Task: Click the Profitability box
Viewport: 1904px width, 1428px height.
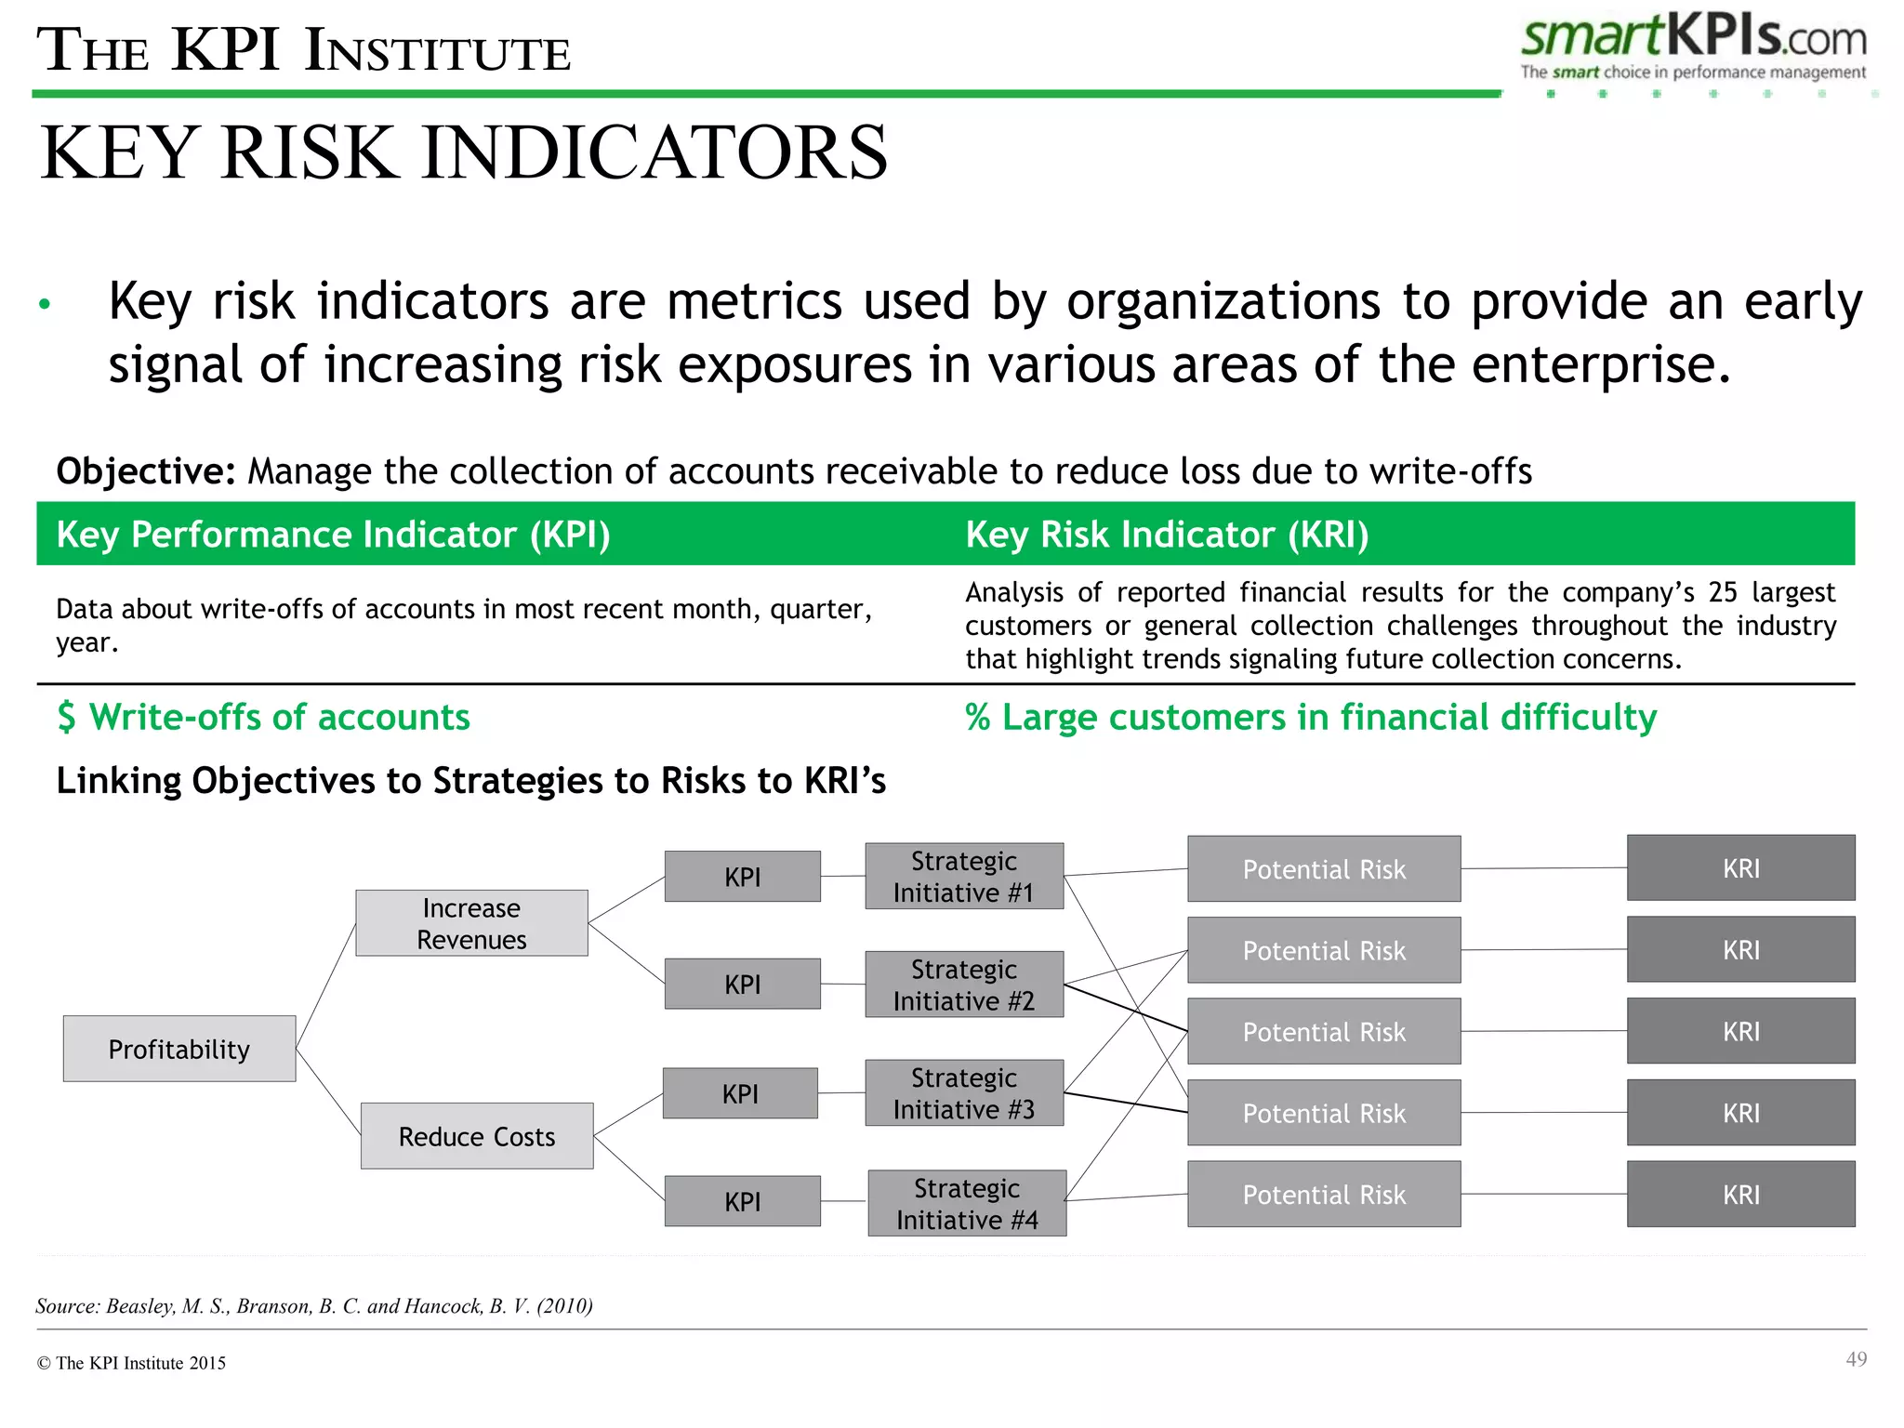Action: point(179,1049)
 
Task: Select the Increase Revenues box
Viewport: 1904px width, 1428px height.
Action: point(471,923)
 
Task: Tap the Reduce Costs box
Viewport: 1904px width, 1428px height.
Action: point(477,1136)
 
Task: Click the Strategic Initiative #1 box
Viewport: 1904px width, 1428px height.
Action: point(964,877)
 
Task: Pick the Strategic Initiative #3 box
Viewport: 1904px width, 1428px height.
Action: point(964,1093)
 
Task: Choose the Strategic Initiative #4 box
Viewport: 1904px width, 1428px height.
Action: point(967,1203)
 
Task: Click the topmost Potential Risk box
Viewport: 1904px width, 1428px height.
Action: point(1324,869)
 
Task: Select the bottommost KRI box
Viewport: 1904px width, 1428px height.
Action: point(1740,1195)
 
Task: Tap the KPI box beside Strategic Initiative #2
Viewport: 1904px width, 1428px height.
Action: point(743,985)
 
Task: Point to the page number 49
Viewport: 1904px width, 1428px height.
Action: point(1856,1359)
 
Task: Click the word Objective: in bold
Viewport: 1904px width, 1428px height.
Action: point(146,471)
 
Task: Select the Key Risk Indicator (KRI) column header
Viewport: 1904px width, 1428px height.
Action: point(1167,535)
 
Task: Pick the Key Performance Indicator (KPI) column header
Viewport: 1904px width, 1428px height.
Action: point(333,535)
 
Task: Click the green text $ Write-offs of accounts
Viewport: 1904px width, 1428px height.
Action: point(263,718)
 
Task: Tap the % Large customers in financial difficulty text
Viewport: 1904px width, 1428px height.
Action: point(1311,718)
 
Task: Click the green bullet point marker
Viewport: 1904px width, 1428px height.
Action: point(45,304)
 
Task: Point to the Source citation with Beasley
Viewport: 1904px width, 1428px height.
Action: point(314,1306)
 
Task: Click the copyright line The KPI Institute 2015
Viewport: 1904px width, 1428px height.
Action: point(131,1363)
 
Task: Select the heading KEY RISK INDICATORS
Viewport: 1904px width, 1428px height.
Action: point(464,153)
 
